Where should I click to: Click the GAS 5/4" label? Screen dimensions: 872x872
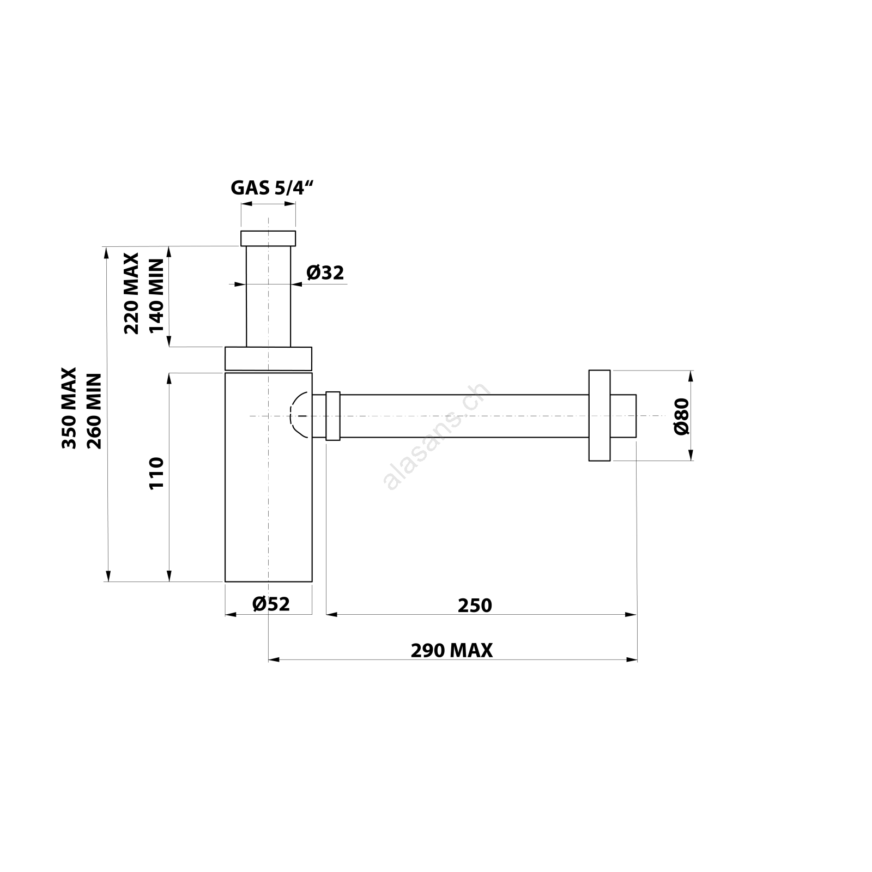point(273,188)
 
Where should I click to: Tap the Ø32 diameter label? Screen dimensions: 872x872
point(325,272)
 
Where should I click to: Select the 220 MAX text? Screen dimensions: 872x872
point(132,293)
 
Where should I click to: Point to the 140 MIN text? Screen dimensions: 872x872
point(156,295)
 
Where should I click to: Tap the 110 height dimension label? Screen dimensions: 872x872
point(156,474)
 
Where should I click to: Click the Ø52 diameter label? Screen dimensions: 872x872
point(271,604)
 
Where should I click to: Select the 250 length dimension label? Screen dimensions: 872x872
point(475,605)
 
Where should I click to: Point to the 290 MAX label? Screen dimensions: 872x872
point(452,651)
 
